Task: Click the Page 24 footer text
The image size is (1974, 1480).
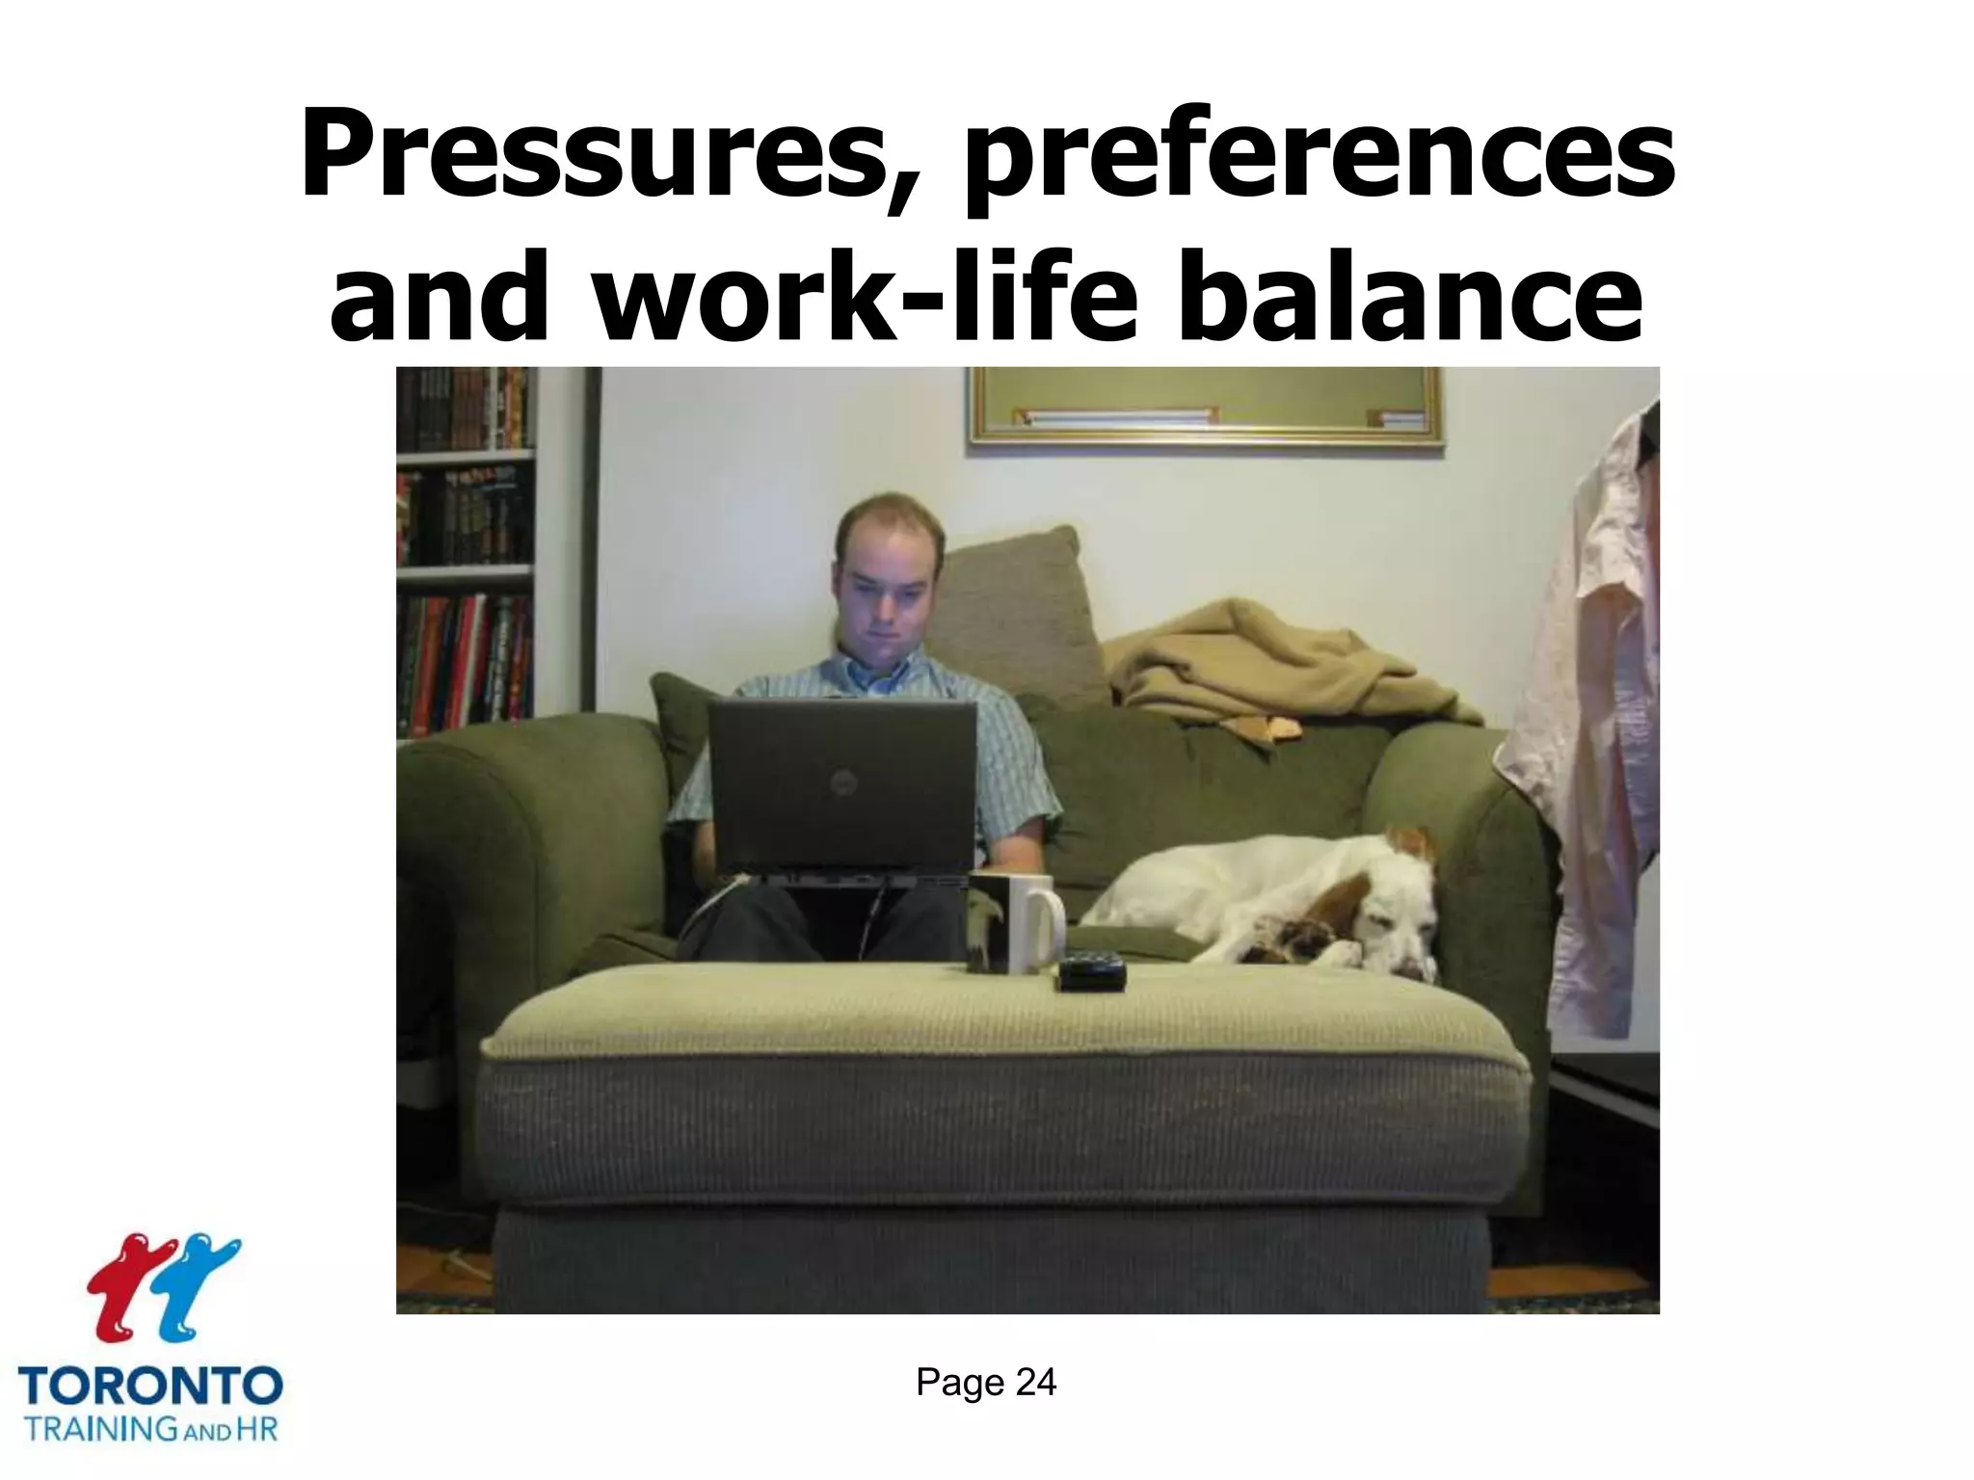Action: [985, 1383]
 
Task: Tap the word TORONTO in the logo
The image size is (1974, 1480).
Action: [150, 1387]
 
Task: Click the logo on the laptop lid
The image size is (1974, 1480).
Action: [844, 782]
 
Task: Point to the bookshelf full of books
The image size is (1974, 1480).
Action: [465, 549]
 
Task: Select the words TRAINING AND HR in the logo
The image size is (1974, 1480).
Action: [150, 1428]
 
